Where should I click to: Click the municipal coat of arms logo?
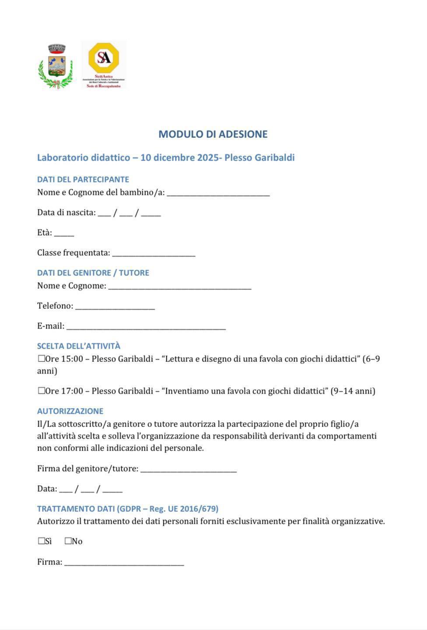(56, 66)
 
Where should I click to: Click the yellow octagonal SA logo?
(104, 58)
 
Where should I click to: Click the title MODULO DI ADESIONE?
(213, 134)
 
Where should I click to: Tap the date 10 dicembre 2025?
(180, 157)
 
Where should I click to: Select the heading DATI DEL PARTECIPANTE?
(83, 179)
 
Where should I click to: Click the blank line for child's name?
(218, 193)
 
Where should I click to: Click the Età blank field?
(64, 233)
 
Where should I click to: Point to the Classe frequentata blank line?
(154, 253)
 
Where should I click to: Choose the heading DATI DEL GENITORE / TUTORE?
(93, 273)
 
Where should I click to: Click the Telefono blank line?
(115, 307)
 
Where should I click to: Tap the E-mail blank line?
(146, 326)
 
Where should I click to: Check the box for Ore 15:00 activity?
(42, 359)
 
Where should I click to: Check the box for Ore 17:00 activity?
(42, 391)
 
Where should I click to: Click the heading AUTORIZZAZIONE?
(70, 411)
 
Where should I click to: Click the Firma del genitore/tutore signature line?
(189, 469)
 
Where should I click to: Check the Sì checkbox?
(42, 541)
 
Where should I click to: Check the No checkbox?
(68, 541)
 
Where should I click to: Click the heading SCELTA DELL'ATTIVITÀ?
(79, 346)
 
